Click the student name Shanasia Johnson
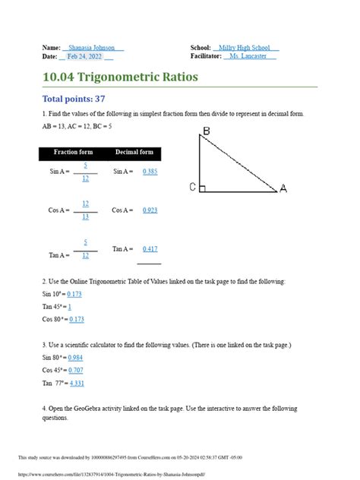93,48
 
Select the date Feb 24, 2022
84,57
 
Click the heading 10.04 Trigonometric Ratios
121,77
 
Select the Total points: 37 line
73,99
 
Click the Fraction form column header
73,153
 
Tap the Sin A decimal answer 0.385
150,172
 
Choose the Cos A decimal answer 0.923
150,210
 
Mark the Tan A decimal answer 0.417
150,248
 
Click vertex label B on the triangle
206,132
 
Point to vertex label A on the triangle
283,188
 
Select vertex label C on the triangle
193,187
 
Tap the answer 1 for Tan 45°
69,306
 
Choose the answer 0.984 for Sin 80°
75,358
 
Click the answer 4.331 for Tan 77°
77,384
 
